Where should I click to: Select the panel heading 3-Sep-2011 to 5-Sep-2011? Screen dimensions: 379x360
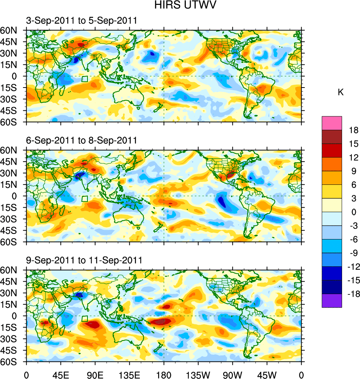(81, 21)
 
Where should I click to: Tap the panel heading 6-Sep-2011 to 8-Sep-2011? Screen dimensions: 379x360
(81, 140)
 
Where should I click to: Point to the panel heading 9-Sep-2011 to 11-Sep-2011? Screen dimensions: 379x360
(84, 260)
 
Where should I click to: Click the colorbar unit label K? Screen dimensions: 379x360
(341, 92)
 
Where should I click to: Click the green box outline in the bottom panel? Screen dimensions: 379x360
(84, 319)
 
